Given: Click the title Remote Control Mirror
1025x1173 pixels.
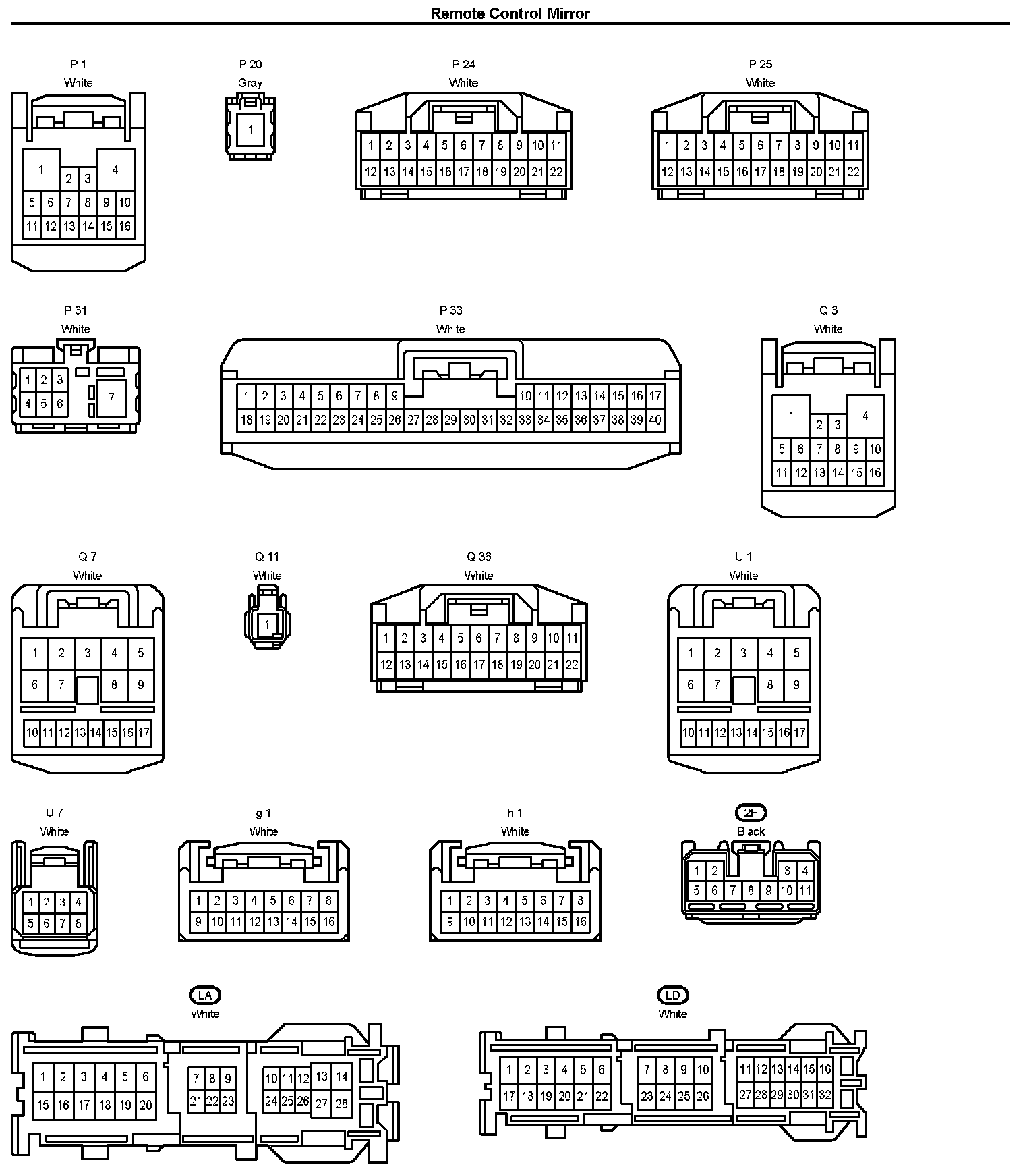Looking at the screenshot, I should (x=510, y=13).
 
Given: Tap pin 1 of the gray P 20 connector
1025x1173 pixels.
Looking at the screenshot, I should (x=250, y=128).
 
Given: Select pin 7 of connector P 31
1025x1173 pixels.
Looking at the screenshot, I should (x=112, y=398).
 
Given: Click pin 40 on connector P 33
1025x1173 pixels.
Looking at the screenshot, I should (x=655, y=420).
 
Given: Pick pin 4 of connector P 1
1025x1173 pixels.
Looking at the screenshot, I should (x=115, y=169).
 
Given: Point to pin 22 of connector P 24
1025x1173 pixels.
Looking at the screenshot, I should (x=556, y=172).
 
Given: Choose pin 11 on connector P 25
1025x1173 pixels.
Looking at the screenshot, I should (x=853, y=145).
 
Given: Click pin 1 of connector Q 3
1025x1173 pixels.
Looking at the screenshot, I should (x=791, y=416).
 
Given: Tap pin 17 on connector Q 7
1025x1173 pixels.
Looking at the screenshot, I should (x=144, y=732).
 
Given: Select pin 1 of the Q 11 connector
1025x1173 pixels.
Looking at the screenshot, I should (x=267, y=624).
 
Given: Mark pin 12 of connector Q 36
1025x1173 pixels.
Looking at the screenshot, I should (x=386, y=665).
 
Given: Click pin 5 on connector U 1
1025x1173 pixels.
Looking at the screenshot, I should (x=796, y=653).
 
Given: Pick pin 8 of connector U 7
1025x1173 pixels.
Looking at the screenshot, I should (x=78, y=923).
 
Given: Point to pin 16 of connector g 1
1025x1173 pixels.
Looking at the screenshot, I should (x=328, y=921).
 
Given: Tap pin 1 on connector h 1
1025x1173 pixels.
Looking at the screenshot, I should (x=450, y=900).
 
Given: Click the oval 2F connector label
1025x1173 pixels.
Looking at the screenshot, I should (x=751, y=813).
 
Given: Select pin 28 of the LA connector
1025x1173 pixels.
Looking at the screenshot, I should (x=342, y=1103).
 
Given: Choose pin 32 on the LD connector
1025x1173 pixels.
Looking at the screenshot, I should (x=825, y=1095).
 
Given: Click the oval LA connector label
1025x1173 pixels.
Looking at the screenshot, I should (x=205, y=995).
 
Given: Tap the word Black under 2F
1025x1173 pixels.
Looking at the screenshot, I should (x=751, y=831).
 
